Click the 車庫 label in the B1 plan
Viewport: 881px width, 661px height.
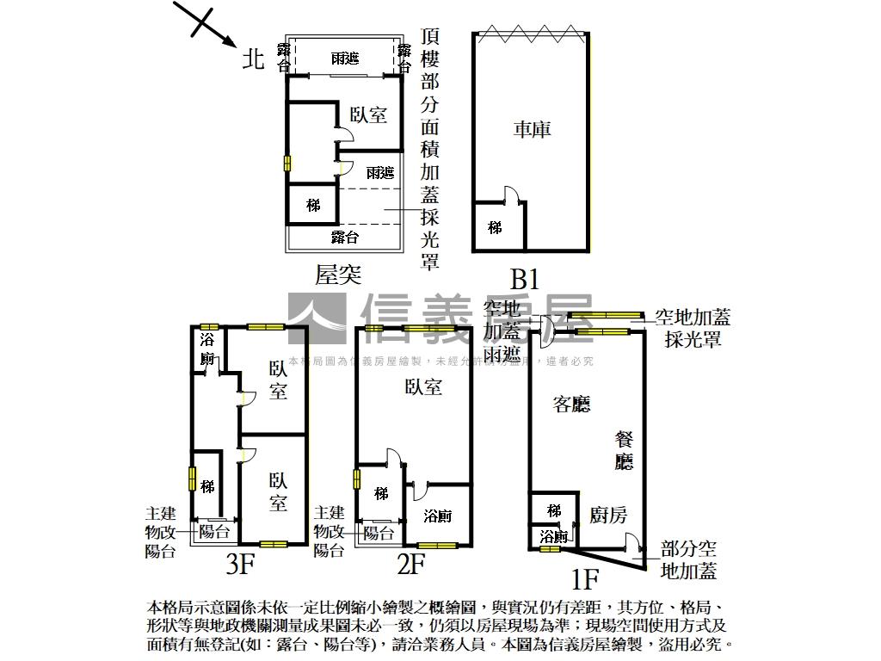click(532, 129)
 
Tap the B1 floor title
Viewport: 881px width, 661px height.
click(525, 279)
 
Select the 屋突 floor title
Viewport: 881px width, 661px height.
click(337, 275)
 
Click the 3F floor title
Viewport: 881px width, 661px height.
click(241, 565)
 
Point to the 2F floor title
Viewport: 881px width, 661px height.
click(411, 565)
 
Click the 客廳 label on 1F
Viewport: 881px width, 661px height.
click(572, 404)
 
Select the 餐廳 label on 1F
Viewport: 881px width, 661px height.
click(624, 449)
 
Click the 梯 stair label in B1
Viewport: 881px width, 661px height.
click(495, 228)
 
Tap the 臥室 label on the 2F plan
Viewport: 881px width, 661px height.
click(423, 387)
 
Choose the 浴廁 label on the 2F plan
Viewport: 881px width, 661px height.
click(438, 516)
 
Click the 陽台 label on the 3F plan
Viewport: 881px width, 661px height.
click(214, 532)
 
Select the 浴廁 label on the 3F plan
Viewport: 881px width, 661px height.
click(207, 348)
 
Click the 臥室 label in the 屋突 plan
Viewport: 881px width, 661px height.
click(368, 114)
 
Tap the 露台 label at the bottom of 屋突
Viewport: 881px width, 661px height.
click(345, 237)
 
